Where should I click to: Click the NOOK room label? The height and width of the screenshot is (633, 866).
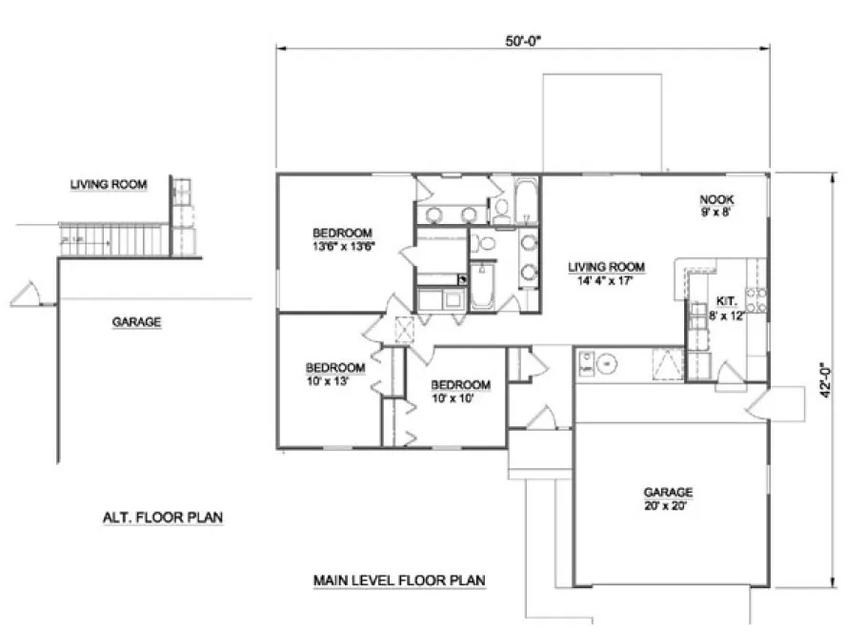[x=715, y=206]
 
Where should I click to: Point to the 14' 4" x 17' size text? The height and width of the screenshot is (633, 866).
[x=605, y=281]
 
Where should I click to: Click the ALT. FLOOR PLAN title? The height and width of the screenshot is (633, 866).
[x=163, y=519]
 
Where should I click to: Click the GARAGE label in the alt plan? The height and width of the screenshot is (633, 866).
[x=136, y=322]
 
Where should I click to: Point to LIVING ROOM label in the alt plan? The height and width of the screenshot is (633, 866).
[x=109, y=184]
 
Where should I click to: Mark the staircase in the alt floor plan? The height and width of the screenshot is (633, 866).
[x=114, y=239]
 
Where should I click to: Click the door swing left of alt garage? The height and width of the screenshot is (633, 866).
[x=28, y=296]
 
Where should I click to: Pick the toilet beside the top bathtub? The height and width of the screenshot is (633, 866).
[x=499, y=207]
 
